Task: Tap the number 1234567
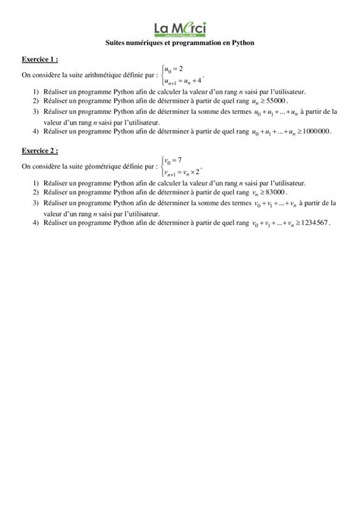(313, 223)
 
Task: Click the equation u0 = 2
(174, 69)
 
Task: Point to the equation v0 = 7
(173, 160)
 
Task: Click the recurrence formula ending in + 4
(183, 80)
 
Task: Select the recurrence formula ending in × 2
(183, 171)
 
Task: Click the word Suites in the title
(116, 43)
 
